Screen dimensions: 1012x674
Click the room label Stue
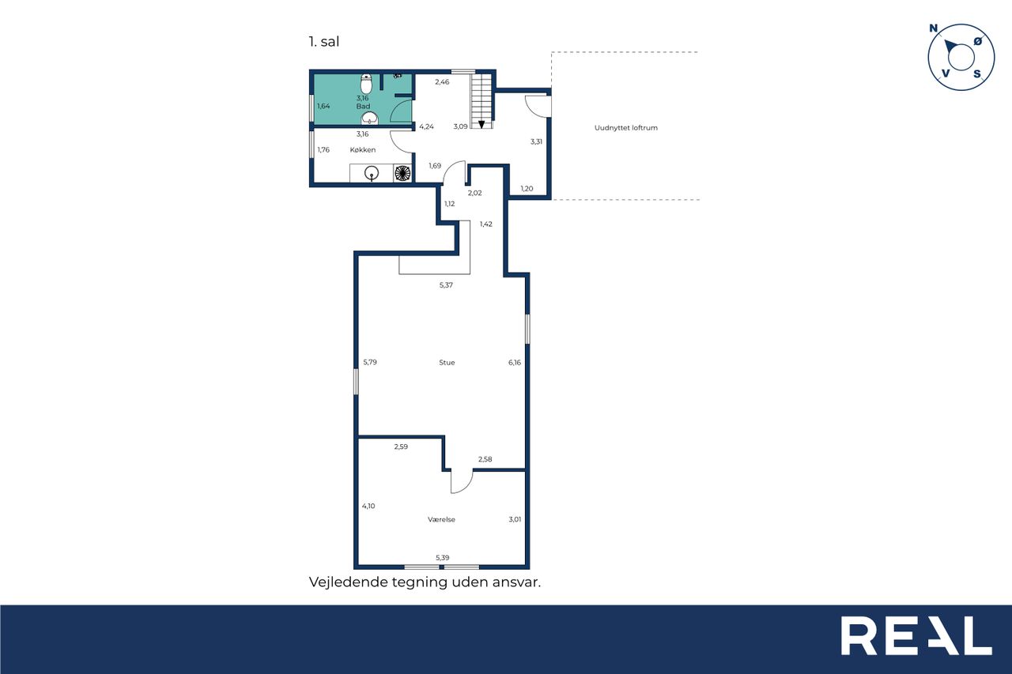[x=447, y=363]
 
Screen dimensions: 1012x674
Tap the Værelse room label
[x=441, y=520]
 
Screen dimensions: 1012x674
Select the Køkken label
[x=363, y=150]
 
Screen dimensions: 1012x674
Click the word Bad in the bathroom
[x=363, y=107]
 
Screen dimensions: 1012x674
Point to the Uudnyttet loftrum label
[x=625, y=128]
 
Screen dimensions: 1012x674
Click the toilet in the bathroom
[x=366, y=84]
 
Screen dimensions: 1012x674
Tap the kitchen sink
[x=372, y=173]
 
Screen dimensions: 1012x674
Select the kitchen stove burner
[x=402, y=173]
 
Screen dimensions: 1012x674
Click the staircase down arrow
[x=481, y=124]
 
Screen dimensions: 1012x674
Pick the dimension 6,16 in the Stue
[x=515, y=363]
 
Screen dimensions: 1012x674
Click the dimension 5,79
[x=370, y=362]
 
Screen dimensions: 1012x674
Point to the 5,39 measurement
[x=442, y=558]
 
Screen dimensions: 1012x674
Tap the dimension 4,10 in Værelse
[x=368, y=506]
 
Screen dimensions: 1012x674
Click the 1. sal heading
[x=324, y=42]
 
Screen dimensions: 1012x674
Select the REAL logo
[x=916, y=636]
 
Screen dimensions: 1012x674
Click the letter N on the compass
[x=934, y=28]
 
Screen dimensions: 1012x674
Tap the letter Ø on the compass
[x=978, y=42]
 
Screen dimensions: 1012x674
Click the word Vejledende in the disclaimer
[x=349, y=582]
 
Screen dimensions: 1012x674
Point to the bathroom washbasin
[x=369, y=119]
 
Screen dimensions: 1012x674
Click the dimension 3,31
[x=536, y=141]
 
